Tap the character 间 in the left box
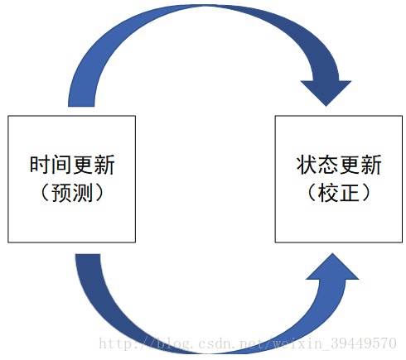tap(60, 165)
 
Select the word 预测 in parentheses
tap(72, 194)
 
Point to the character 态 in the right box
tap(328, 165)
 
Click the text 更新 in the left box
tap(93, 165)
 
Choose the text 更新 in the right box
tap(360, 165)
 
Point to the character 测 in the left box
tap(83, 194)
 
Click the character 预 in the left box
tap(61, 194)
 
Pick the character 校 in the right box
tap(328, 194)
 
